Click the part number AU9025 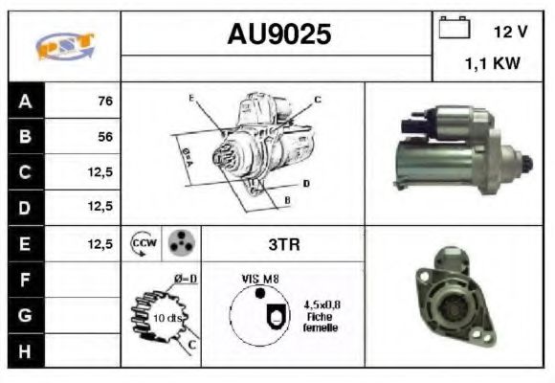[278, 35]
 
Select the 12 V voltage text [509, 32]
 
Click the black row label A [26, 100]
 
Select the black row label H [26, 351]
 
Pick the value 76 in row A [104, 100]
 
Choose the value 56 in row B [104, 136]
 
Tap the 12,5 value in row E [100, 243]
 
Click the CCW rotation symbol [142, 243]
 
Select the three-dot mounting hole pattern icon [180, 243]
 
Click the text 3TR [284, 243]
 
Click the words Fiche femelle [319, 322]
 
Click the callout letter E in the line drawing [191, 99]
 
